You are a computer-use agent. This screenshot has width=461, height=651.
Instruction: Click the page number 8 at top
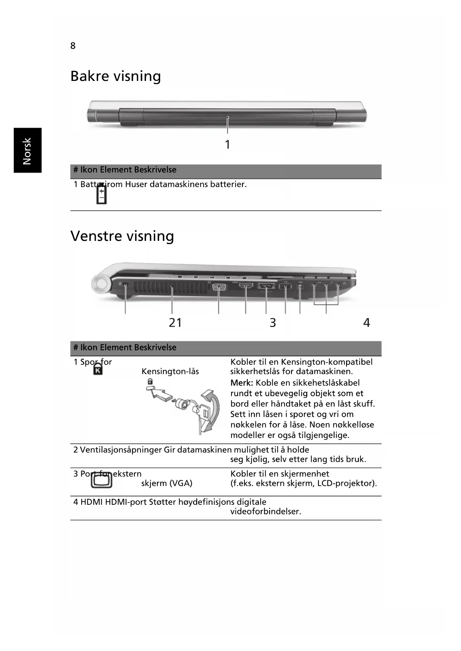(73, 46)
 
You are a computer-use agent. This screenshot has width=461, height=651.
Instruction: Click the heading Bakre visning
(116, 76)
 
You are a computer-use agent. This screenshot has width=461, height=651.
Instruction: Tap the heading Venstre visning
(122, 236)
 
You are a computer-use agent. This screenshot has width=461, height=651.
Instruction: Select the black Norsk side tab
(27, 150)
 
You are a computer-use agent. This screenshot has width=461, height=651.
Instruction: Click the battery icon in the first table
(101, 194)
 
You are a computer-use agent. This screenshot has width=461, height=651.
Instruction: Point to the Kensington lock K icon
(98, 369)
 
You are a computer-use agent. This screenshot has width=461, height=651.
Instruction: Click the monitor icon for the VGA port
(101, 481)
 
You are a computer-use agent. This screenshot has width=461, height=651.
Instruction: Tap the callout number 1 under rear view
(228, 144)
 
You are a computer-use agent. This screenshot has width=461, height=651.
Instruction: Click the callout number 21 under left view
(175, 323)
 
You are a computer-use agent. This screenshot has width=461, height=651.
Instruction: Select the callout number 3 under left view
(273, 323)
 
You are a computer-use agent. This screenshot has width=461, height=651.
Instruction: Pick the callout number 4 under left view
(367, 323)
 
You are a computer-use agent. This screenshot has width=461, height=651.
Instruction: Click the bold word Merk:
(241, 383)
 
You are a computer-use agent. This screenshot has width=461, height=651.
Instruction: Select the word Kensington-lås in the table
(170, 372)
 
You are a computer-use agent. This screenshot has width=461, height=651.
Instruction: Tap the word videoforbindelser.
(266, 511)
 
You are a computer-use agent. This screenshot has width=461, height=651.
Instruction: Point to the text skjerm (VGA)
(167, 483)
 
